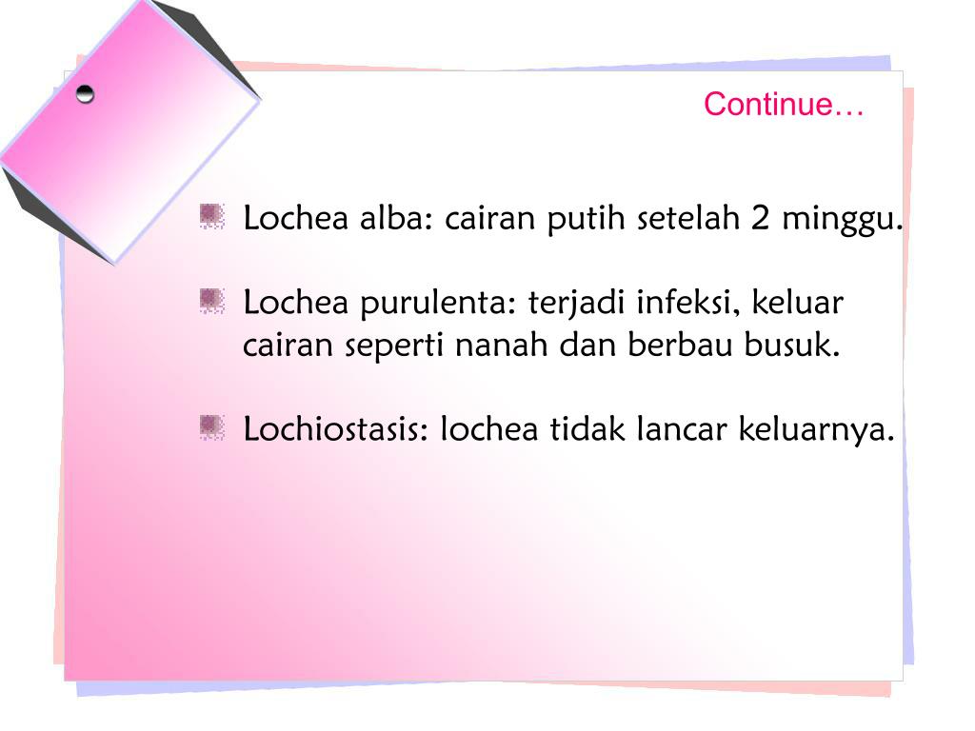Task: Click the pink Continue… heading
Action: tap(784, 105)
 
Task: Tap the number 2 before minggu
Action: tap(760, 219)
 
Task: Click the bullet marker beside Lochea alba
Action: tap(211, 217)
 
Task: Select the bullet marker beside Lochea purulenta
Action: tap(211, 303)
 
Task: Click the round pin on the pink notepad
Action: tap(86, 94)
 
